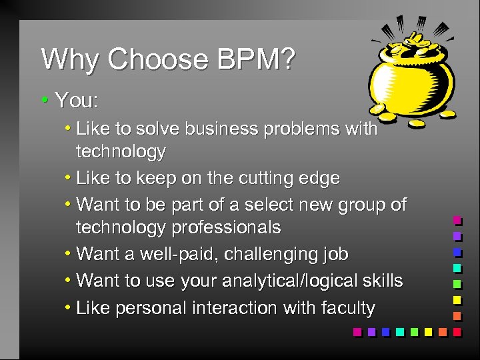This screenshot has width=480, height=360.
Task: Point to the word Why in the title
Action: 71,60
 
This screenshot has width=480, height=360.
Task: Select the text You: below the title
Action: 77,101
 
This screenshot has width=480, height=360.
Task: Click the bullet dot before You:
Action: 44,101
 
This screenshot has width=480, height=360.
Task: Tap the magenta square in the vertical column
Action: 457,219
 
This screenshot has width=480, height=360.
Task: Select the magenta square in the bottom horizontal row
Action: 357,331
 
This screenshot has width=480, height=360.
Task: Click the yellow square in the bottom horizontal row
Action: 429,331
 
